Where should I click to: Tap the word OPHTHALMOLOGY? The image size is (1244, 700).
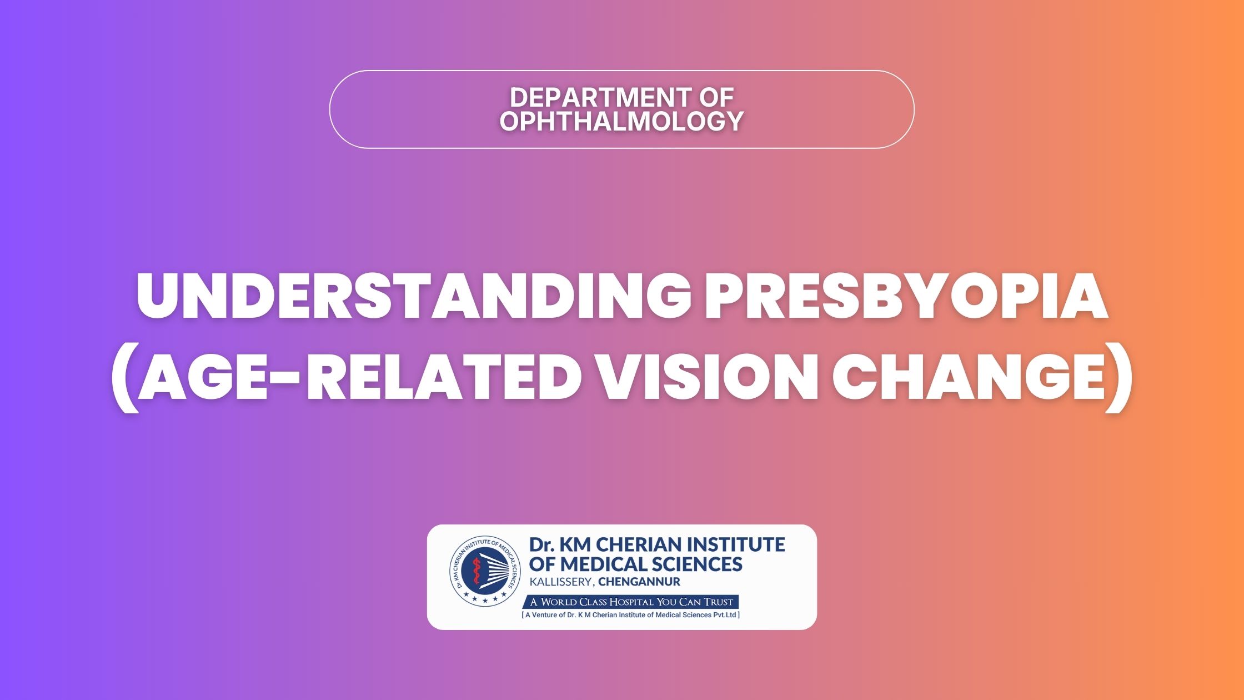coord(621,121)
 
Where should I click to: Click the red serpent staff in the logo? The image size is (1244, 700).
coord(476,570)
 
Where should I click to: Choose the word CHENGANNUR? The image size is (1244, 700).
coord(639,582)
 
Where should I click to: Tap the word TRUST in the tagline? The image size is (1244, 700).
coord(719,602)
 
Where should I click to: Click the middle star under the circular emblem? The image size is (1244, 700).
coord(485,601)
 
